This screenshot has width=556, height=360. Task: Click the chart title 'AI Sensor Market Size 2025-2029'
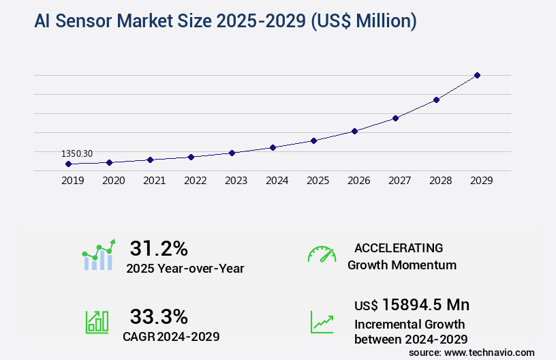(225, 21)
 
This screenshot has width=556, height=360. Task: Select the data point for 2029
(477, 75)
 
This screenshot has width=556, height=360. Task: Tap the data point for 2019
(68, 164)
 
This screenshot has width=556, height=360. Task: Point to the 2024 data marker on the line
(273, 147)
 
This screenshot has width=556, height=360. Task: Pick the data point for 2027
(395, 118)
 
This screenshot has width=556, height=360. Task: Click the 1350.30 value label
(76, 153)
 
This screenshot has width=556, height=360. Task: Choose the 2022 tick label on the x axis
(195, 181)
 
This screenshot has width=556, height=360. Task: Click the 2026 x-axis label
(358, 181)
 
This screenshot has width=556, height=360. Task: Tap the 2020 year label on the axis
(113, 181)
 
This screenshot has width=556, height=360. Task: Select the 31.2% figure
(159, 248)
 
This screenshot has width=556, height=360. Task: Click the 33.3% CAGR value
(159, 316)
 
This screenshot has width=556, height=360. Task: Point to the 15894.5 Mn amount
(412, 305)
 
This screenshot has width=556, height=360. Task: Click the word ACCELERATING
(399, 248)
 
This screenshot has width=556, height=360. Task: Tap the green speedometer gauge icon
(322, 254)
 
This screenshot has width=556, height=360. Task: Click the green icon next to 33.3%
(97, 322)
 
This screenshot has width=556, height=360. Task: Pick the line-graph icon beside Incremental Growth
(322, 322)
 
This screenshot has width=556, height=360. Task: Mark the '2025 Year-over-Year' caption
(185, 269)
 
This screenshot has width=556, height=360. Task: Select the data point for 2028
(436, 100)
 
